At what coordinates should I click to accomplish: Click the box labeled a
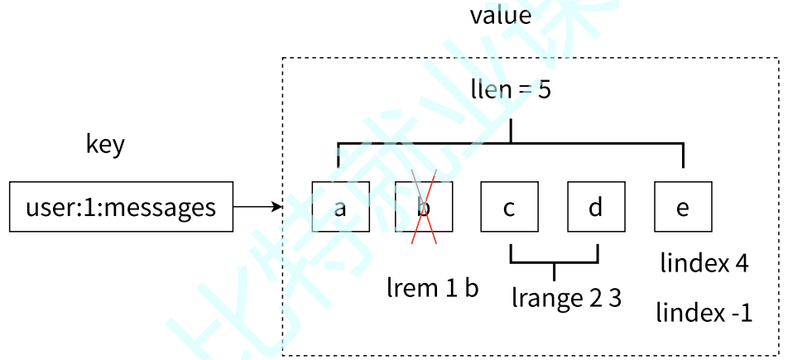tap(340, 207)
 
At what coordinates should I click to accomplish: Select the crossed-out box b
tap(424, 207)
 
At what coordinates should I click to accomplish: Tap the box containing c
tap(509, 207)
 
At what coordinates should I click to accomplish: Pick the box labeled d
tap(596, 207)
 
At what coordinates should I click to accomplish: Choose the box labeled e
tap(683, 207)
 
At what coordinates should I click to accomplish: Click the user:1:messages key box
tap(121, 207)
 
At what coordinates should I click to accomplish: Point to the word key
tap(105, 144)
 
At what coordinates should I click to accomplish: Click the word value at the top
tap(501, 15)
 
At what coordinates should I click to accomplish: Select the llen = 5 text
tap(511, 89)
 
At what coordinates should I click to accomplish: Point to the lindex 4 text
tap(704, 264)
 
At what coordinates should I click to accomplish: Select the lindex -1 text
tap(704, 314)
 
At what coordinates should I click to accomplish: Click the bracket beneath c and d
tap(554, 262)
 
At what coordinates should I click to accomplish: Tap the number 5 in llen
tap(544, 89)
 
